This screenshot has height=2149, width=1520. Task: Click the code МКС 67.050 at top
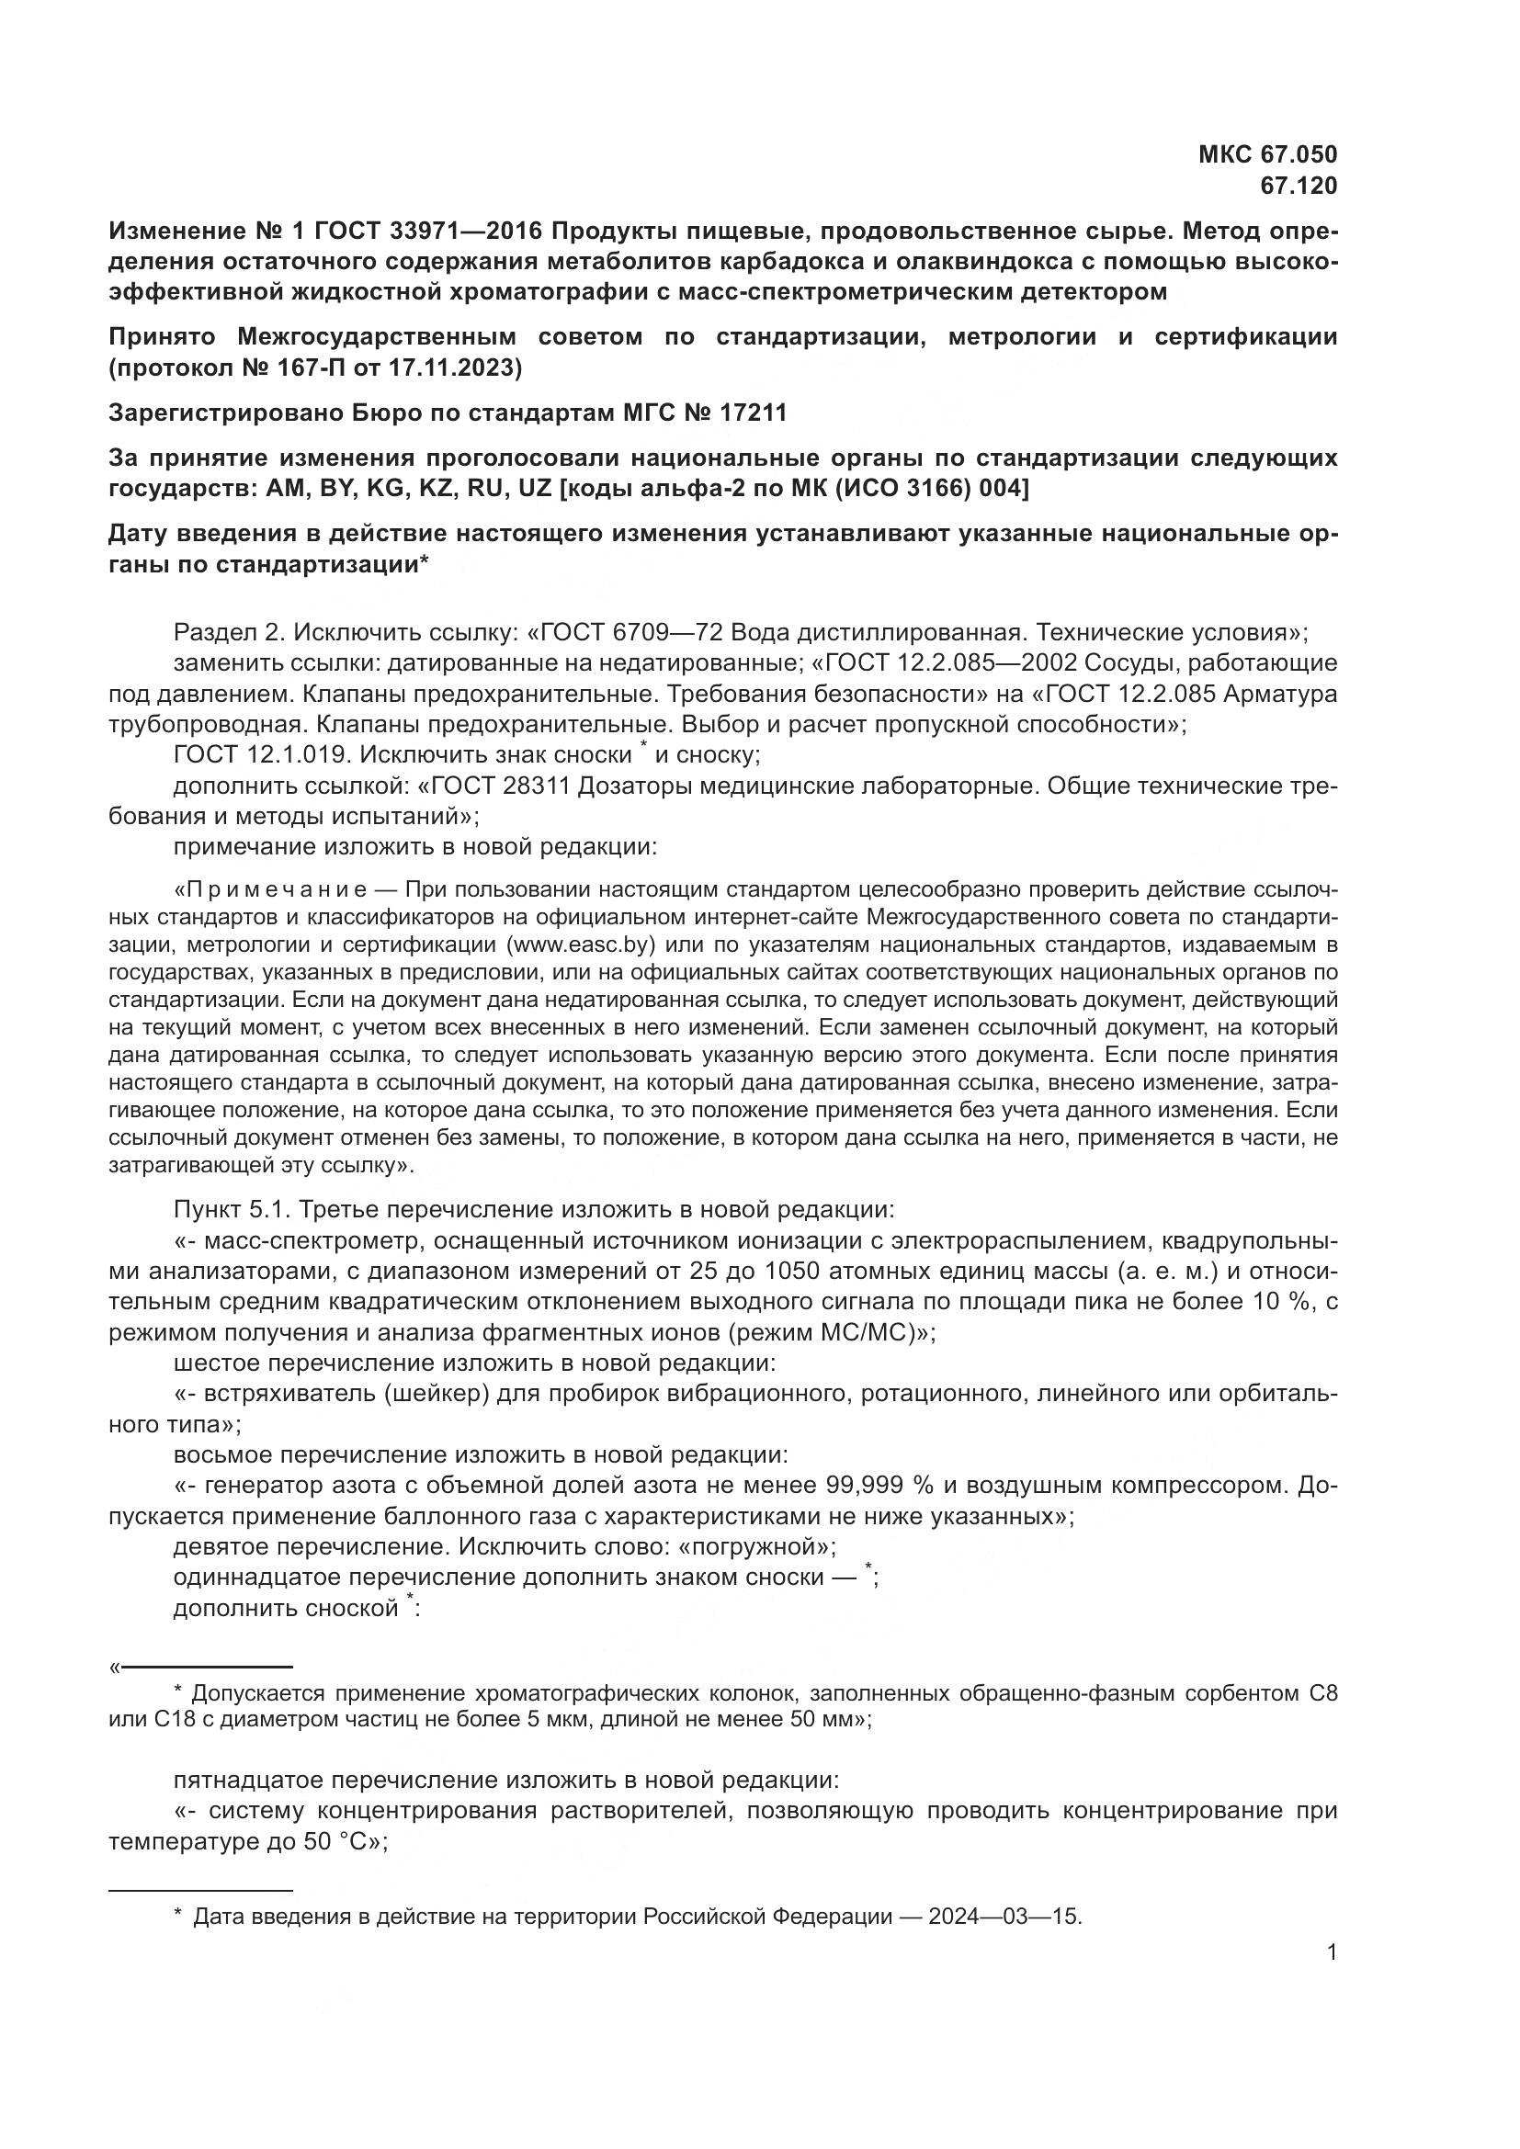click(1267, 154)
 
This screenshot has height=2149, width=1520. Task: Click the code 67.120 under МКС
click(1299, 187)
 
